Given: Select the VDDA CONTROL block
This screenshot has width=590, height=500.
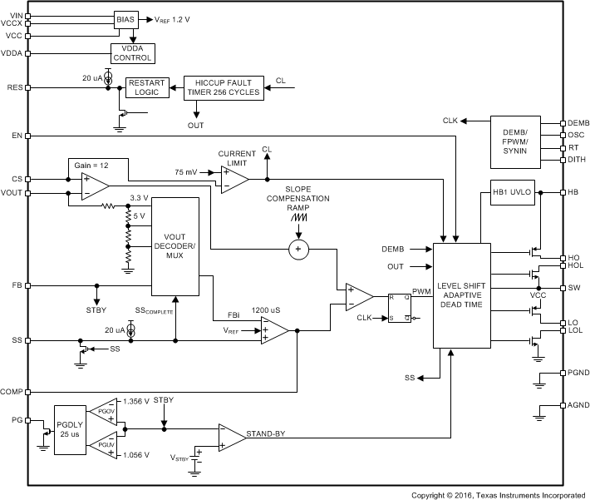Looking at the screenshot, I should coord(133,53).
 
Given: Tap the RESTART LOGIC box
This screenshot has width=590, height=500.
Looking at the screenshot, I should coord(146,87).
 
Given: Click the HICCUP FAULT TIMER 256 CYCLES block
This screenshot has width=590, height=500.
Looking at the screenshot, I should coord(224,87).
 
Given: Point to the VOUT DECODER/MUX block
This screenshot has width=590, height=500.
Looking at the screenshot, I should coord(175,246).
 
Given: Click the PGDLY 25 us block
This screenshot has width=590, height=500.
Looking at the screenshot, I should coord(69,430).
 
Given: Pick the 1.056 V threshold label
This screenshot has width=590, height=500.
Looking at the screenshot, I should coord(135,455).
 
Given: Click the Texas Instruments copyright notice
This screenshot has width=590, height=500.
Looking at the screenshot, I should coord(499,494).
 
